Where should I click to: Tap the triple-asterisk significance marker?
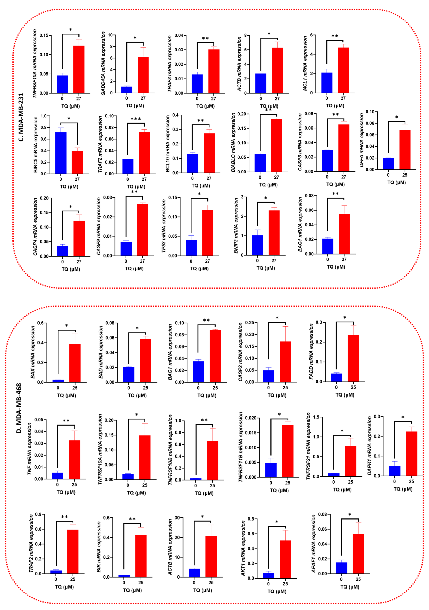136,119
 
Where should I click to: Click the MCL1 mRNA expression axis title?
305,64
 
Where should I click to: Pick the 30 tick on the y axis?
177,518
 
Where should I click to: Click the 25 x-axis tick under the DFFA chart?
405,175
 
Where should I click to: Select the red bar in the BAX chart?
75,363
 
